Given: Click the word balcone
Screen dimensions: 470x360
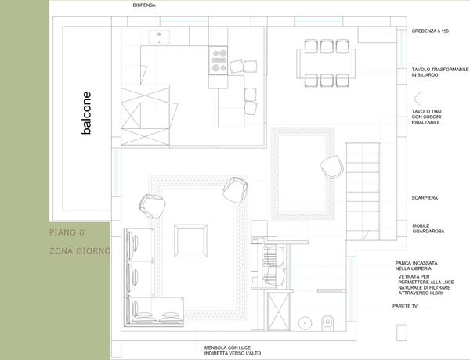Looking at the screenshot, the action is (x=86, y=113).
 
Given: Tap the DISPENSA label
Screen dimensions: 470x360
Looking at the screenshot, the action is (x=144, y=5).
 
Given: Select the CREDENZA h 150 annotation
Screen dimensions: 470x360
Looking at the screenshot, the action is (x=430, y=31).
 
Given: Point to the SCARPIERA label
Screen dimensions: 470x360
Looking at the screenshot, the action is (x=425, y=198).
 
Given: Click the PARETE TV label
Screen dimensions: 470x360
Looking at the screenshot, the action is (x=405, y=306).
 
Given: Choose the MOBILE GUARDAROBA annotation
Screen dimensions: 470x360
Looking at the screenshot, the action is (x=428, y=229).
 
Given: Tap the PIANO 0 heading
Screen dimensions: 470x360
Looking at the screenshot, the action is (x=67, y=232).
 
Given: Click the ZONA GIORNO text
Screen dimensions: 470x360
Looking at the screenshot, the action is (x=80, y=250).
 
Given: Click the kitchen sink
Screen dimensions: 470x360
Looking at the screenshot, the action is (x=159, y=37).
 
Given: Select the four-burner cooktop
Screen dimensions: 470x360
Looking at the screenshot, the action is (x=219, y=60).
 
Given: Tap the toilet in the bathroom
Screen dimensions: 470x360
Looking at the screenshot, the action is (x=327, y=323).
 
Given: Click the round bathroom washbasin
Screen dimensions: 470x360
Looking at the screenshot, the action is (x=305, y=323).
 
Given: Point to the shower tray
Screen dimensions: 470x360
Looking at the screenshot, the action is (x=278, y=311).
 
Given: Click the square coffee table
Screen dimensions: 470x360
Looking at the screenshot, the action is (x=190, y=241).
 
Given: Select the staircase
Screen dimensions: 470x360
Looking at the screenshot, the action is (x=363, y=192).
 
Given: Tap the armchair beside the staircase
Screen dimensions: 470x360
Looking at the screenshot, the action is (x=331, y=167).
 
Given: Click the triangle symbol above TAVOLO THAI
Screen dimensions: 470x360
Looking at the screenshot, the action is (x=418, y=99).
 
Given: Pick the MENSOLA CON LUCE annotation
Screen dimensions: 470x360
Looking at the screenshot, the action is (x=233, y=351).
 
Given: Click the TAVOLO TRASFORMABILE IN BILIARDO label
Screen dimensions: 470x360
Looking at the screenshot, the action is (x=440, y=72).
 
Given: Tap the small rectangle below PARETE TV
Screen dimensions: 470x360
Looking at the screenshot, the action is (x=402, y=333).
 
